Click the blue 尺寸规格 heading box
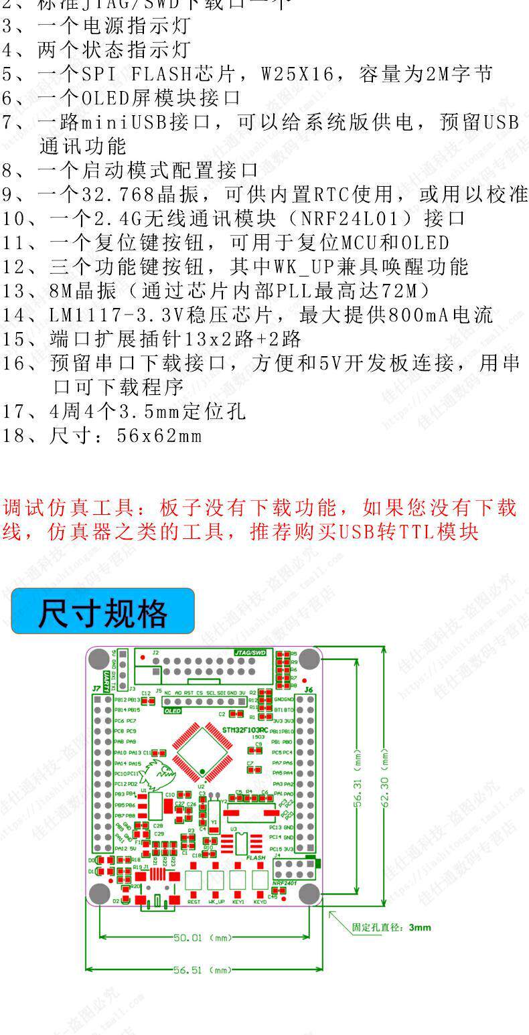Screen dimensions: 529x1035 [x=102, y=611]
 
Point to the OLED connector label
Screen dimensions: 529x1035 [x=173, y=710]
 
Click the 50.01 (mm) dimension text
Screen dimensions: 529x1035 [x=203, y=938]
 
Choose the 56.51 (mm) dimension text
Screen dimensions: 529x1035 [x=203, y=969]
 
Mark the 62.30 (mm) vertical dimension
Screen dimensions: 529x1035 [x=385, y=777]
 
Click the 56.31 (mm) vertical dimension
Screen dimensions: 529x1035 [x=358, y=777]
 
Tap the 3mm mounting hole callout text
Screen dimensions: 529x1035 [x=392, y=927]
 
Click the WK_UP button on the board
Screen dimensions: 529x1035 [x=216, y=880]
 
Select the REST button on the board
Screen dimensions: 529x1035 [x=194, y=880]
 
